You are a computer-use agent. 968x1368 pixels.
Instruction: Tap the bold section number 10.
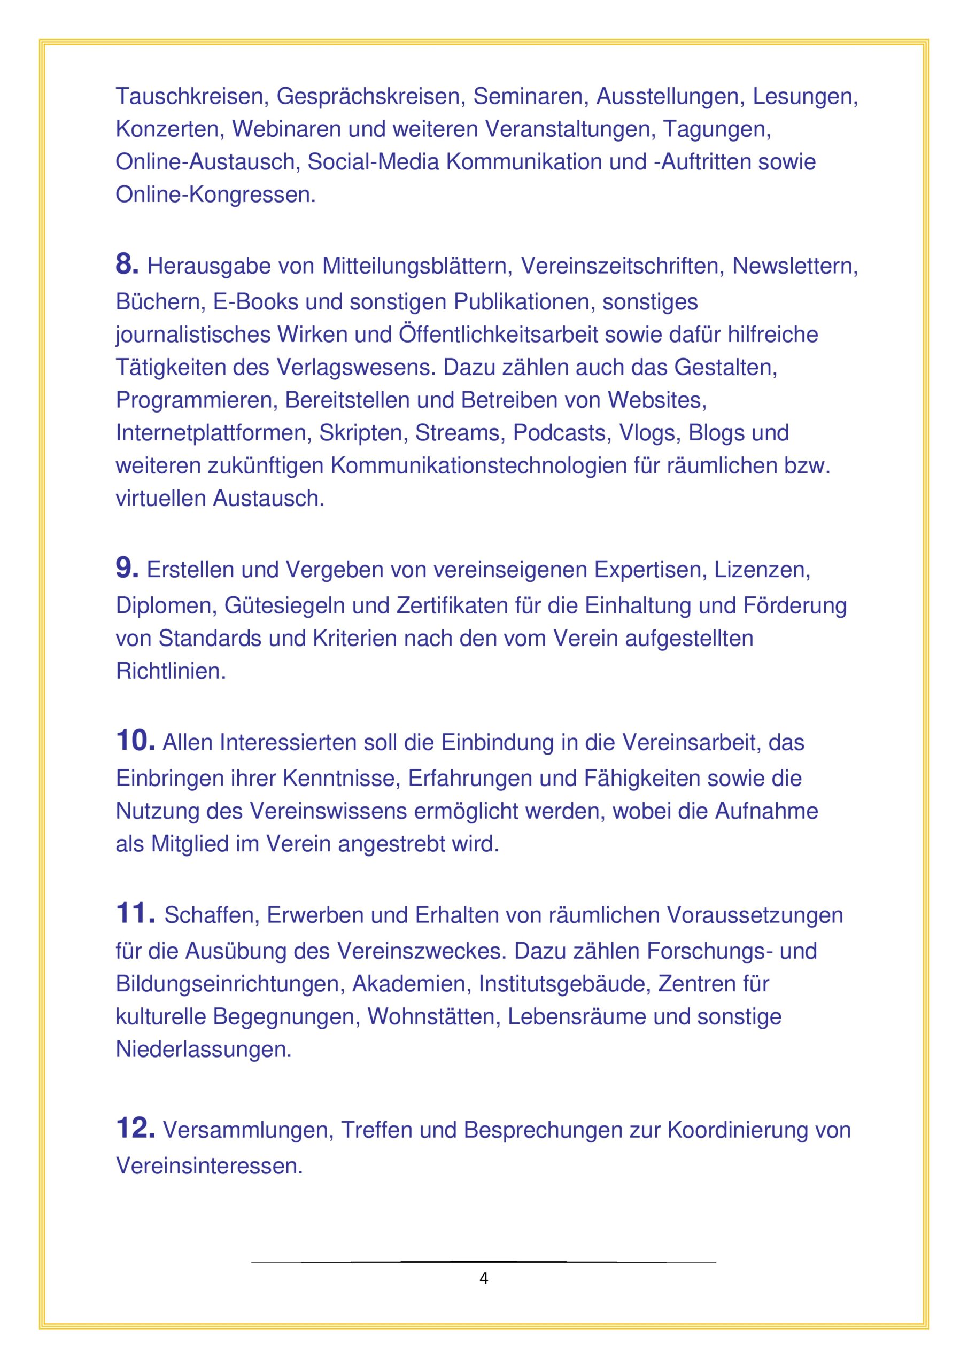point(135,741)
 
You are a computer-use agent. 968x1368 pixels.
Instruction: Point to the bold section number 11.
point(135,913)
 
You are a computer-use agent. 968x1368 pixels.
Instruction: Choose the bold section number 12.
point(135,1128)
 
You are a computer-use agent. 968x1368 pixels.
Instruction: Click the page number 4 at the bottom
point(483,1279)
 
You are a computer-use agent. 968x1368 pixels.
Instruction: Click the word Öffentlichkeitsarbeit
point(498,335)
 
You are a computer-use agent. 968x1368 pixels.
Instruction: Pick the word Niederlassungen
point(203,1049)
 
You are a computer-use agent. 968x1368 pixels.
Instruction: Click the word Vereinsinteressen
point(209,1165)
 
